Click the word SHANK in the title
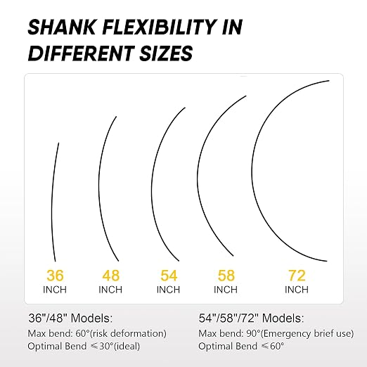pyautogui.click(x=62, y=27)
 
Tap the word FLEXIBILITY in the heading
pyautogui.click(x=159, y=27)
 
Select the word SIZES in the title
pyautogui.click(x=166, y=53)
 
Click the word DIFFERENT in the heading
pyautogui.click(x=81, y=53)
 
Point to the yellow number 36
pyautogui.click(x=55, y=276)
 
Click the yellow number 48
pyautogui.click(x=111, y=276)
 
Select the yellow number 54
pyautogui.click(x=169, y=276)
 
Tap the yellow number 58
pyautogui.click(x=226, y=276)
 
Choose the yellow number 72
pyautogui.click(x=297, y=276)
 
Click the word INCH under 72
pyautogui.click(x=297, y=290)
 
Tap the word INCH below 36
pyautogui.click(x=55, y=290)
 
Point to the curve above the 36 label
pyautogui.click(x=52, y=202)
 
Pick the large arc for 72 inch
pyautogui.click(x=252, y=171)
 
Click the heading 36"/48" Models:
pyautogui.click(x=70, y=318)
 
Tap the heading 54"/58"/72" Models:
pyautogui.click(x=251, y=318)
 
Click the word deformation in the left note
pyautogui.click(x=136, y=333)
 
